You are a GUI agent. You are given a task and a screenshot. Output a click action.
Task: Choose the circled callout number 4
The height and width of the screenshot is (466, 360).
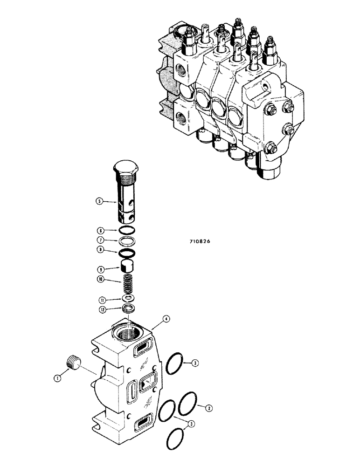point(167,320)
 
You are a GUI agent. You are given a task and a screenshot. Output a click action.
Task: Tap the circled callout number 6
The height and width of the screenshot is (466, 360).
point(99,230)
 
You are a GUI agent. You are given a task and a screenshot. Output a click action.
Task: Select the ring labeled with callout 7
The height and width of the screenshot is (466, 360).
point(127,240)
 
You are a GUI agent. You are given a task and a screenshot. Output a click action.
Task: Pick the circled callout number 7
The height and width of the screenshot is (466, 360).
point(99,240)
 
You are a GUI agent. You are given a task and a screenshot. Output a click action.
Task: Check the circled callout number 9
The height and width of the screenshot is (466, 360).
point(99,268)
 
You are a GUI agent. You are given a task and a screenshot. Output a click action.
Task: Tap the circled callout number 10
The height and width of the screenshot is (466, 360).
point(99,279)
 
